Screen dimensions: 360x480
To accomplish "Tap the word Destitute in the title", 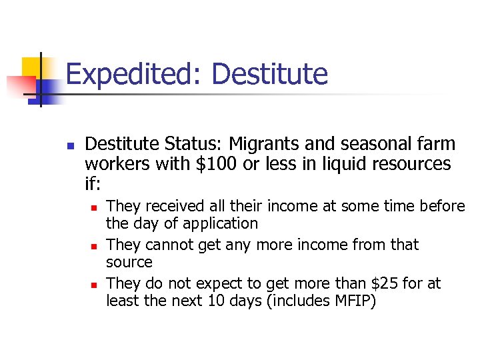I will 269,74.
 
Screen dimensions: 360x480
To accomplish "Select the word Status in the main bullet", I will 191,144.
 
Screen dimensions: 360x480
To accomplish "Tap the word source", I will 129,263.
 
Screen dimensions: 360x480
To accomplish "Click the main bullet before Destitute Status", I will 70,145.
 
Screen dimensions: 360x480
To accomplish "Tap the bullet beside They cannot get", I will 93,245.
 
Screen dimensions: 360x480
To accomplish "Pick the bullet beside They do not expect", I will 93,284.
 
